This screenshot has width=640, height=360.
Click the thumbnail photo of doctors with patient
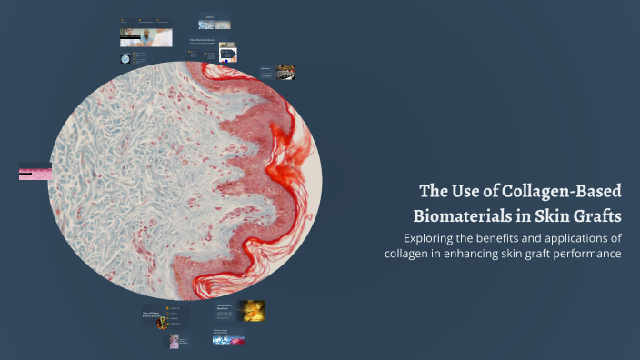tap(145, 37)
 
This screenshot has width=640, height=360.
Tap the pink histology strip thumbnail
tap(35, 173)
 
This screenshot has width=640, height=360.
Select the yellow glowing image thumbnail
tap(252, 311)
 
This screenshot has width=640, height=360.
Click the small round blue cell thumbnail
tap(125, 57)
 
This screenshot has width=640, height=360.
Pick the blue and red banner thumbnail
tap(228, 339)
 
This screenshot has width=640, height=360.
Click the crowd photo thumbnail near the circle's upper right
tap(285, 71)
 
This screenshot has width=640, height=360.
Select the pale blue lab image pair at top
tap(215, 24)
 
